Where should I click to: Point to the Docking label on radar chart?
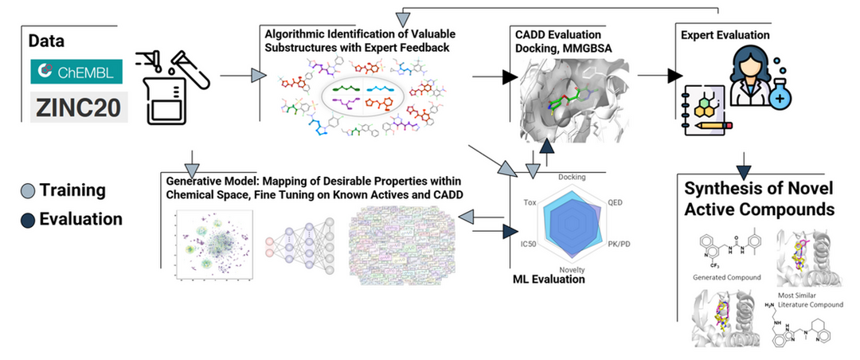573,177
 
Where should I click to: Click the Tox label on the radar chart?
530,202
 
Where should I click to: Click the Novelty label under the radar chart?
572,270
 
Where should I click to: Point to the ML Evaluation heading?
549,280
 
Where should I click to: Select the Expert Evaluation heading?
725,36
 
